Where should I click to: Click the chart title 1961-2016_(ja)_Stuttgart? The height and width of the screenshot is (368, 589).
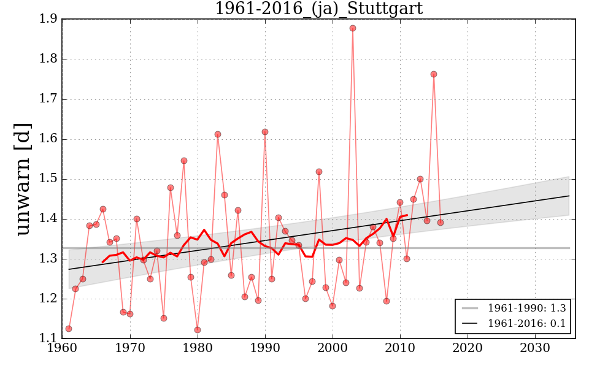[318, 9]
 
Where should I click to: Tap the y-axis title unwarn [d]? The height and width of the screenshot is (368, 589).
[23, 178]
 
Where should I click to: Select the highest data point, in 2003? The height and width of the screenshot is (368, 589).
[353, 28]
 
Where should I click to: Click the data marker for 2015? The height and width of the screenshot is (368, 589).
[434, 74]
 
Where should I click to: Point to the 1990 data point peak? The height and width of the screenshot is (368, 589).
[265, 132]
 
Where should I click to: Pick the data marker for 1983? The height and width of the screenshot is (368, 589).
[218, 134]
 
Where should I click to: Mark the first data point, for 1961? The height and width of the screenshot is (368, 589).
[69, 329]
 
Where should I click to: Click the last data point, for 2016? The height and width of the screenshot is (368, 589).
[441, 223]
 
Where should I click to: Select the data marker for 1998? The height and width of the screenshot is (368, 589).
[319, 172]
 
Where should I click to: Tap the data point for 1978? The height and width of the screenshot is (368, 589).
[184, 161]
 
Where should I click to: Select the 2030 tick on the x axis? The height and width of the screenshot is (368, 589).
[536, 348]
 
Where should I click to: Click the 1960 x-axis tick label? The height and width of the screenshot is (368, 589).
[62, 348]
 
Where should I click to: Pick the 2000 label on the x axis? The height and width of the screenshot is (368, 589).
[333, 348]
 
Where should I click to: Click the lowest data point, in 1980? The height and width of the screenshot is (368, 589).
[198, 330]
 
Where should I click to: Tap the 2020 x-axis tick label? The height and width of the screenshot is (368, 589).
[468, 348]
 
